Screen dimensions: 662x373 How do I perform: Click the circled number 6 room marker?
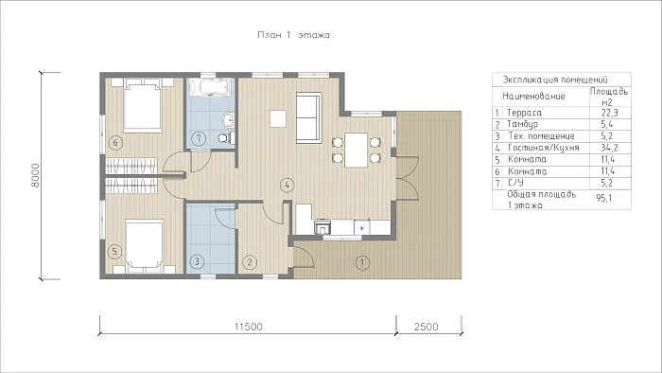pos(115,143)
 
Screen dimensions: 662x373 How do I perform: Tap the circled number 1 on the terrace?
pos(362,263)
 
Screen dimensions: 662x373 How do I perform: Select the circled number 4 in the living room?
pos(287,185)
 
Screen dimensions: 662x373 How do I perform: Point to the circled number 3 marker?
pos(197,262)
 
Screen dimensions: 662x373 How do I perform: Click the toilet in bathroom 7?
pos(226,137)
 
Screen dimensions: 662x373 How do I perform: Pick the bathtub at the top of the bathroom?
pos(209,87)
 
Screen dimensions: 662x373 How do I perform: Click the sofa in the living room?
pos(308,117)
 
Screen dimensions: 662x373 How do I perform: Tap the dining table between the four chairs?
pos(357,150)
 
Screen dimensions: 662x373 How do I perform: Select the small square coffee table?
pos(278,118)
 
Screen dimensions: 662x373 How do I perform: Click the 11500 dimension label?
pos(248,327)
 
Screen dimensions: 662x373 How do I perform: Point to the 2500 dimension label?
pos(426,327)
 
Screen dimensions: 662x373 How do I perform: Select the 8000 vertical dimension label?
pos(36,176)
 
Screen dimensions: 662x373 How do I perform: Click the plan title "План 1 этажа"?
pos(293,35)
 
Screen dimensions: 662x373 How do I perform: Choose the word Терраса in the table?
pos(524,113)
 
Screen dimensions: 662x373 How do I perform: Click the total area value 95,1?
pos(604,198)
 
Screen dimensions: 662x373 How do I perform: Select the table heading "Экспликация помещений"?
pos(555,80)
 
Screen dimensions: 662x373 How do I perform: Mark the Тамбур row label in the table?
pos(522,124)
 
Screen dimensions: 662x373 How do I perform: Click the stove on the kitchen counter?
pos(322,228)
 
